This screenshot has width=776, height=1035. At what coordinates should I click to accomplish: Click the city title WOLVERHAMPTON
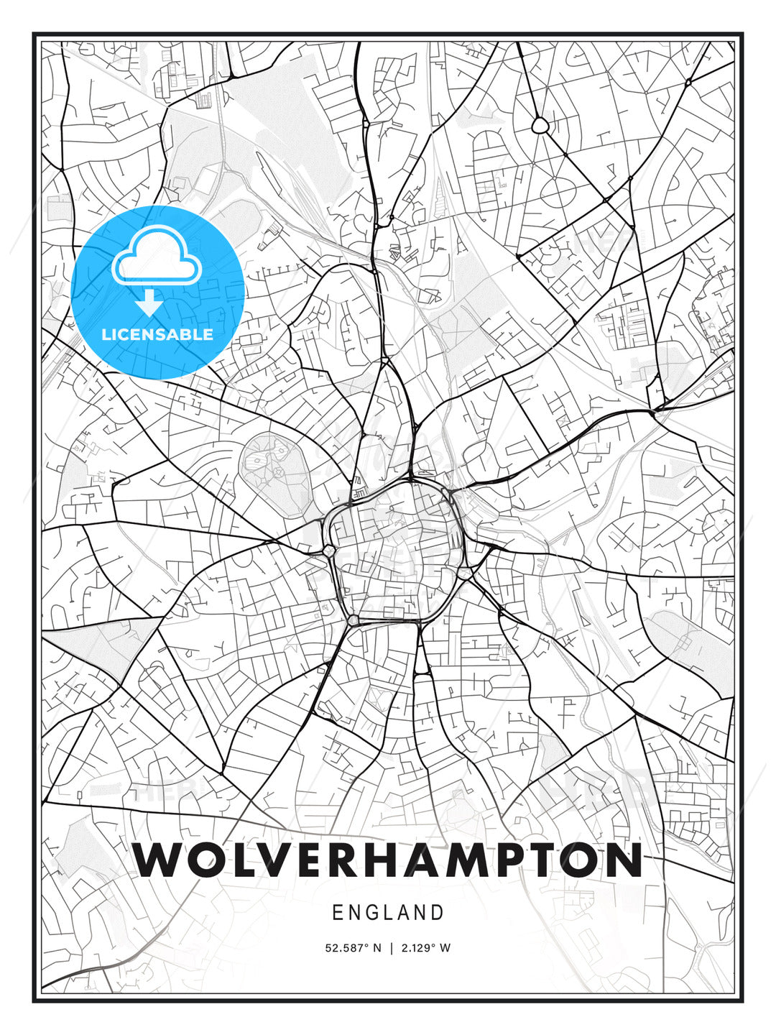click(x=388, y=860)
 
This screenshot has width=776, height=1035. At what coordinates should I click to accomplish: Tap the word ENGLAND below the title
click(x=388, y=913)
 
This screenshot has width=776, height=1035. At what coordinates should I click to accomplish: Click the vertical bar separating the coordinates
click(x=392, y=947)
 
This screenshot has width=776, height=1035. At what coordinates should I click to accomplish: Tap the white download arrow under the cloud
click(x=149, y=304)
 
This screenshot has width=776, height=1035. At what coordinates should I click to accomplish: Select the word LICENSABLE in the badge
click(x=157, y=334)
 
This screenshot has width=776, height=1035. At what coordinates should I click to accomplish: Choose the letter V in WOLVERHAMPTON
click(x=273, y=860)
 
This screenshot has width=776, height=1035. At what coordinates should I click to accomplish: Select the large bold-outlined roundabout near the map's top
click(x=540, y=126)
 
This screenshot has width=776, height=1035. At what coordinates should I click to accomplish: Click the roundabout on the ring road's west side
click(x=328, y=551)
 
